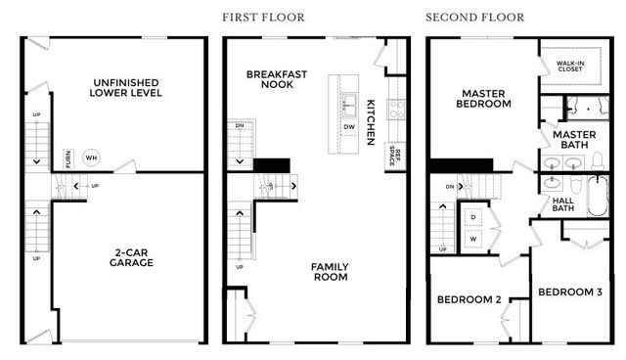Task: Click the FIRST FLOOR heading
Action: coord(263,17)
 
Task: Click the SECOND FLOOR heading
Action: coord(474,17)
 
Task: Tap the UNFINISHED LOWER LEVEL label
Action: coord(125,87)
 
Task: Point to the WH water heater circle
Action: coord(91,157)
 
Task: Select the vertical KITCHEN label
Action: coord(371,122)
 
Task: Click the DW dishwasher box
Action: coord(349,127)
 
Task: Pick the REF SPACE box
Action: coord(395,156)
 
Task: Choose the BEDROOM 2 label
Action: coord(469,299)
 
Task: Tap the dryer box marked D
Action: coord(473,217)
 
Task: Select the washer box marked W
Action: coord(473,238)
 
